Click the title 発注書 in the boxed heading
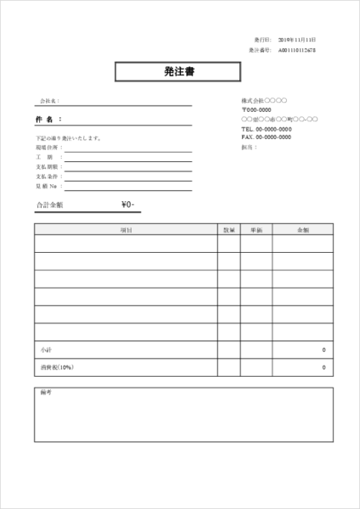point(179,72)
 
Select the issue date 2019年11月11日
point(296,40)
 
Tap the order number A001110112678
point(296,50)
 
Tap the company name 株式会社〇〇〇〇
point(264,101)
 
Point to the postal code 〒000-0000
point(256,110)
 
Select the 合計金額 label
point(50,205)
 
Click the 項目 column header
point(126,229)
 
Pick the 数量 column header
point(228,229)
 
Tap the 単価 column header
point(256,229)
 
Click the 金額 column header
point(302,229)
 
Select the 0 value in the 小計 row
point(323,350)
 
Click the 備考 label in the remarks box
point(46,393)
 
